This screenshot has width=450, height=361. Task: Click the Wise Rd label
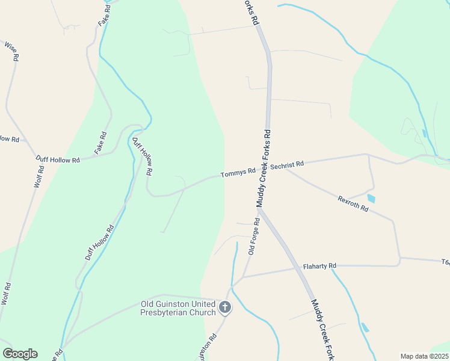pyautogui.click(x=11, y=51)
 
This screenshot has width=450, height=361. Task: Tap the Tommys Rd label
pyautogui.click(x=238, y=173)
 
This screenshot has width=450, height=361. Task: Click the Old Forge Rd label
pyautogui.click(x=254, y=236)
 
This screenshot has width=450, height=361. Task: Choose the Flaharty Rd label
pyautogui.click(x=319, y=265)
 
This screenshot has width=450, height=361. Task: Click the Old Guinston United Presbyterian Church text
pyautogui.click(x=177, y=308)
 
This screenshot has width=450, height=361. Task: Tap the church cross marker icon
pyautogui.click(x=225, y=308)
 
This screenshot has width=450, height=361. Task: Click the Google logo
pyautogui.click(x=20, y=354)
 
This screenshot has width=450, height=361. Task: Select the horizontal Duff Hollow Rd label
pyautogui.click(x=58, y=160)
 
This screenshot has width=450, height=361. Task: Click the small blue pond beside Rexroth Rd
pyautogui.click(x=371, y=198)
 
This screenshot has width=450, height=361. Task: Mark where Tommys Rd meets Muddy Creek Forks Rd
pyautogui.click(x=264, y=170)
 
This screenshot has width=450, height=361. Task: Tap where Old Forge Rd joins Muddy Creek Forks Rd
pyautogui.click(x=260, y=210)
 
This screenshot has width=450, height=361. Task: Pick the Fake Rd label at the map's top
pyautogui.click(x=104, y=16)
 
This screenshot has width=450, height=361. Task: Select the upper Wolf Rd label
pyautogui.click(x=37, y=179)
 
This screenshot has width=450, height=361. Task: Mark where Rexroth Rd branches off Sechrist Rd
pyautogui.click(x=286, y=169)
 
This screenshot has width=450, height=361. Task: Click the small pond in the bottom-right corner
pyautogui.click(x=365, y=328)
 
